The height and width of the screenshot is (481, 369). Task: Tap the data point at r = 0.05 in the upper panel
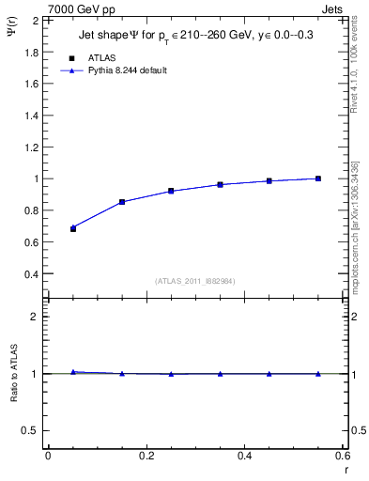[73, 228]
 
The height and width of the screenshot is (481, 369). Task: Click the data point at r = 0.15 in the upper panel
[122, 202]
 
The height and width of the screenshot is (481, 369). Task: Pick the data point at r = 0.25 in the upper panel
[171, 191]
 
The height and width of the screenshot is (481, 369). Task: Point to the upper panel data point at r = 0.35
[220, 185]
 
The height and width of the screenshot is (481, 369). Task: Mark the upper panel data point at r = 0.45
[269, 181]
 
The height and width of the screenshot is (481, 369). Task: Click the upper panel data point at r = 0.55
[318, 178]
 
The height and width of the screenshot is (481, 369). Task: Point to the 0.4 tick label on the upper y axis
[31, 274]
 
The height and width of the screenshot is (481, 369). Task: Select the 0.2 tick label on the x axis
[146, 456]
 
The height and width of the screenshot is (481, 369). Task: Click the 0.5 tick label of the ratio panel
[31, 430]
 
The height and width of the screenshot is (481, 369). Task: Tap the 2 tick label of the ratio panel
[36, 317]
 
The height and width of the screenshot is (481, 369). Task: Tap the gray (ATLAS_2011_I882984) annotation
[194, 281]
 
